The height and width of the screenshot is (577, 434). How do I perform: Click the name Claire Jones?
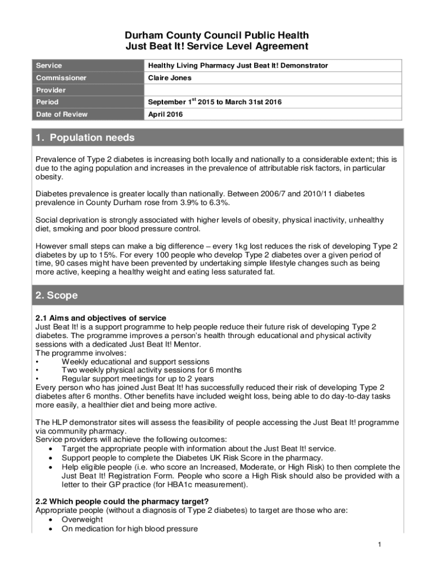click(170, 78)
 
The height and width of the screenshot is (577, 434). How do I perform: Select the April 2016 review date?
click(166, 114)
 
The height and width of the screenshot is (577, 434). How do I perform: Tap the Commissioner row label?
click(61, 78)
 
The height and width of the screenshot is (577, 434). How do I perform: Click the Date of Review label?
click(62, 114)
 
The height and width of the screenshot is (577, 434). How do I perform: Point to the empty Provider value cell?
click(272, 90)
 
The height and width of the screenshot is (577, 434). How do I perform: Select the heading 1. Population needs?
click(85, 138)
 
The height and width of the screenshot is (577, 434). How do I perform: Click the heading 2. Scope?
click(57, 295)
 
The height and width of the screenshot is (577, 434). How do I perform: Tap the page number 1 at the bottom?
click(380, 544)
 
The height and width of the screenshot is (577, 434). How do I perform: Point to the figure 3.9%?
click(177, 203)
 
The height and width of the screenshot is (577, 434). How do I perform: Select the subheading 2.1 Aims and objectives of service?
click(101, 318)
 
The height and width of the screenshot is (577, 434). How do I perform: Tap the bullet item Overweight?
click(82, 520)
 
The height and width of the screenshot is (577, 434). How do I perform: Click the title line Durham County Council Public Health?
click(217, 36)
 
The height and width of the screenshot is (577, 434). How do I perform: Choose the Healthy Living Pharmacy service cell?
click(237, 65)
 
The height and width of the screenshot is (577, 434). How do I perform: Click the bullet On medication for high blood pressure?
click(130, 529)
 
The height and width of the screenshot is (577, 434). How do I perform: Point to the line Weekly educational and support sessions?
click(135, 361)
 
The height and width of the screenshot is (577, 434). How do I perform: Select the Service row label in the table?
click(49, 65)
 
